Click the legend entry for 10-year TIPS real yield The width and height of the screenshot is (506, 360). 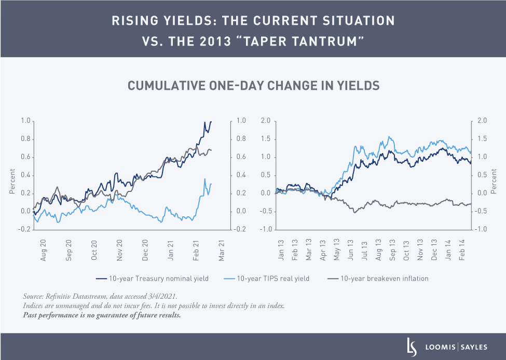[x=272, y=279]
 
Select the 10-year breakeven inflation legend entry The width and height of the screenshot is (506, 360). [x=385, y=279]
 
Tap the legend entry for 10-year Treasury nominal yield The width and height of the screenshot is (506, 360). [x=159, y=279]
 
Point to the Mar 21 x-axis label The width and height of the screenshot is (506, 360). [x=222, y=250]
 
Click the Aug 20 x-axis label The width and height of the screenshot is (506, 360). [x=43, y=250]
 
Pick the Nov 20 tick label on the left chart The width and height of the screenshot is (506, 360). [x=119, y=250]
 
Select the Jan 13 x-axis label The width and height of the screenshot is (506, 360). [x=281, y=250]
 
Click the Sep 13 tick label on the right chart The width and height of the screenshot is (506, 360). [x=393, y=250]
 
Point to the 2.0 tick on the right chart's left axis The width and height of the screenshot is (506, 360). [x=266, y=121]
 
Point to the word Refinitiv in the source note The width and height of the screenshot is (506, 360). [x=61, y=296]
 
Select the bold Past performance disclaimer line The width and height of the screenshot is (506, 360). [x=102, y=315]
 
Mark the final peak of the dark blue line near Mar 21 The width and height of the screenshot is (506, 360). [x=211, y=121]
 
